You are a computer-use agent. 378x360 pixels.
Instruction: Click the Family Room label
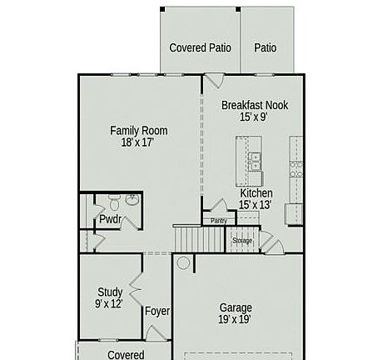pyautogui.click(x=139, y=131)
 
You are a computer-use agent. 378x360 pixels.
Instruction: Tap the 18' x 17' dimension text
pyautogui.click(x=137, y=142)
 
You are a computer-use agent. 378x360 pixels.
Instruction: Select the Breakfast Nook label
pyautogui.click(x=255, y=105)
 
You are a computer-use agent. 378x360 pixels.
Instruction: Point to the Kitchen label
pyautogui.click(x=256, y=193)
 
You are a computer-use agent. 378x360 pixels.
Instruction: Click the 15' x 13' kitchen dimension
pyautogui.click(x=255, y=205)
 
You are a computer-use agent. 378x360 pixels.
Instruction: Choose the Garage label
pyautogui.click(x=236, y=307)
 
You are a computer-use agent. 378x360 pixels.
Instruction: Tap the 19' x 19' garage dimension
pyautogui.click(x=235, y=320)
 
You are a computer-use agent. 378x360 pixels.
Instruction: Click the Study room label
pyautogui.click(x=110, y=292)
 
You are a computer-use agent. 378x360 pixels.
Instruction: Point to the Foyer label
pyautogui.click(x=157, y=311)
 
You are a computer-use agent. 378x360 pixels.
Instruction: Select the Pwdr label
pyautogui.click(x=110, y=219)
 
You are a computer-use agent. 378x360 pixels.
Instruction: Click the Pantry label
pyautogui.click(x=219, y=221)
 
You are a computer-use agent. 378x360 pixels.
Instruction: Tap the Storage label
pyautogui.click(x=242, y=241)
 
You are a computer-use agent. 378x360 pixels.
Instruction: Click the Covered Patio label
pyautogui.click(x=200, y=47)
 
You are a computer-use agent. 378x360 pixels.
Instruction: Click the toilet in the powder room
pyautogui.click(x=114, y=202)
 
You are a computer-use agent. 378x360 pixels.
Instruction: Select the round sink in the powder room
pyautogui.click(x=132, y=199)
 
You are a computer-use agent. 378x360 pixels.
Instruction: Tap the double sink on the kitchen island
pyautogui.click(x=255, y=162)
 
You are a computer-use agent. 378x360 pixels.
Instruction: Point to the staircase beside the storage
pyautogui.click(x=199, y=238)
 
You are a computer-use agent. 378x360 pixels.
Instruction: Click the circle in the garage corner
pyautogui.click(x=183, y=262)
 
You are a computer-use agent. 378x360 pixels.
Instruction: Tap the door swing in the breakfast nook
pyautogui.click(x=214, y=81)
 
